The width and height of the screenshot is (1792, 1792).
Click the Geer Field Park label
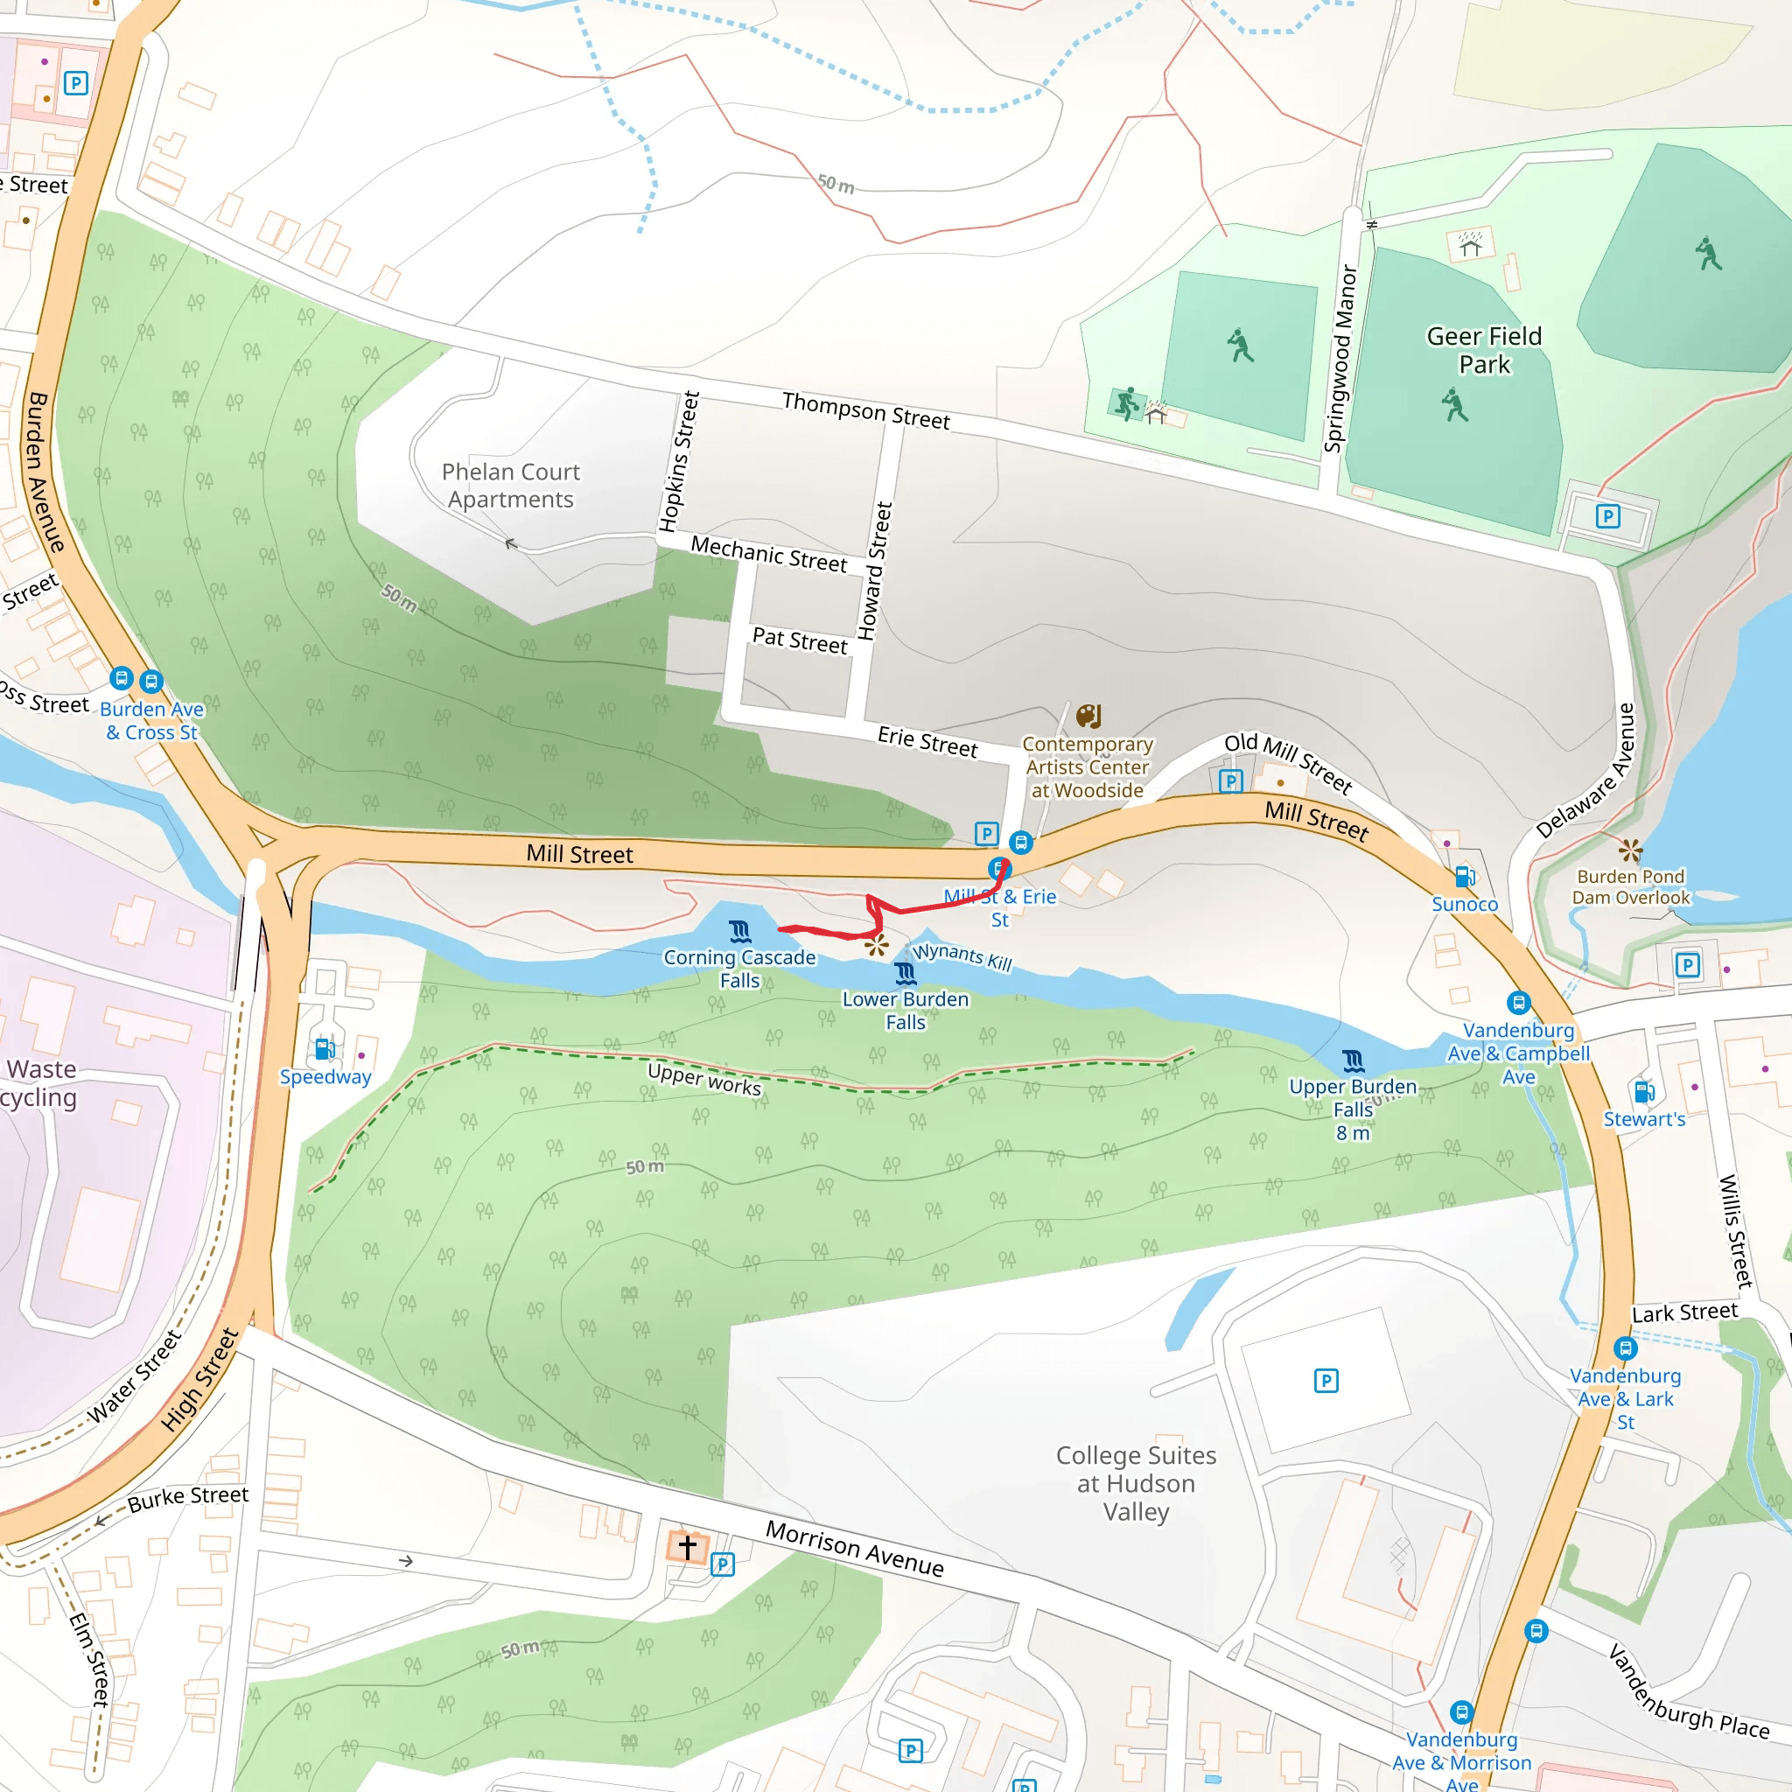(x=1483, y=350)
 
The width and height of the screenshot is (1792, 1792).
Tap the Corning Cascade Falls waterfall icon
(x=740, y=930)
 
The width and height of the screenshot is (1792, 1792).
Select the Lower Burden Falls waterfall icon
(x=906, y=973)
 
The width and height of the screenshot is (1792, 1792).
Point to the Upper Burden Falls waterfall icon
(x=1354, y=1060)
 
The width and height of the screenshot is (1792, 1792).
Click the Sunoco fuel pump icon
(x=1465, y=877)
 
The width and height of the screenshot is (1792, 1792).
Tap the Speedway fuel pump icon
(x=325, y=1049)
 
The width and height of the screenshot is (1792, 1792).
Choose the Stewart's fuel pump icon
(x=1643, y=1092)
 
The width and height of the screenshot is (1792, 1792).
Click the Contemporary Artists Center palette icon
(x=1088, y=716)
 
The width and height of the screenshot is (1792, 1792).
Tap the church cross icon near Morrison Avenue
(x=687, y=1547)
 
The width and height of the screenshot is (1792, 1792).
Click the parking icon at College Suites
(x=1326, y=1381)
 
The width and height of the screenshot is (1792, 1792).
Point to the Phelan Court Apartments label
(x=510, y=485)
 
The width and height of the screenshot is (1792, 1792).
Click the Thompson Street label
(x=865, y=410)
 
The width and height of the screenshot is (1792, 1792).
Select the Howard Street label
(x=875, y=571)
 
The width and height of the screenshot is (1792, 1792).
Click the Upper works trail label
(x=704, y=1079)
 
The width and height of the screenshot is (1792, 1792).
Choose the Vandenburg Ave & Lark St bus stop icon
(x=1624, y=1347)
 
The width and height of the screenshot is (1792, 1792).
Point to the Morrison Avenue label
(x=854, y=1548)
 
